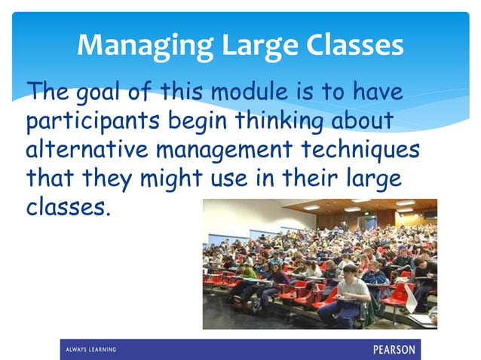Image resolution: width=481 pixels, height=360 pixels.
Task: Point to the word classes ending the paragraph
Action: pos(68,206)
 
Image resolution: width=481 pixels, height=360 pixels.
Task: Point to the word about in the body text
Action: pos(369,121)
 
